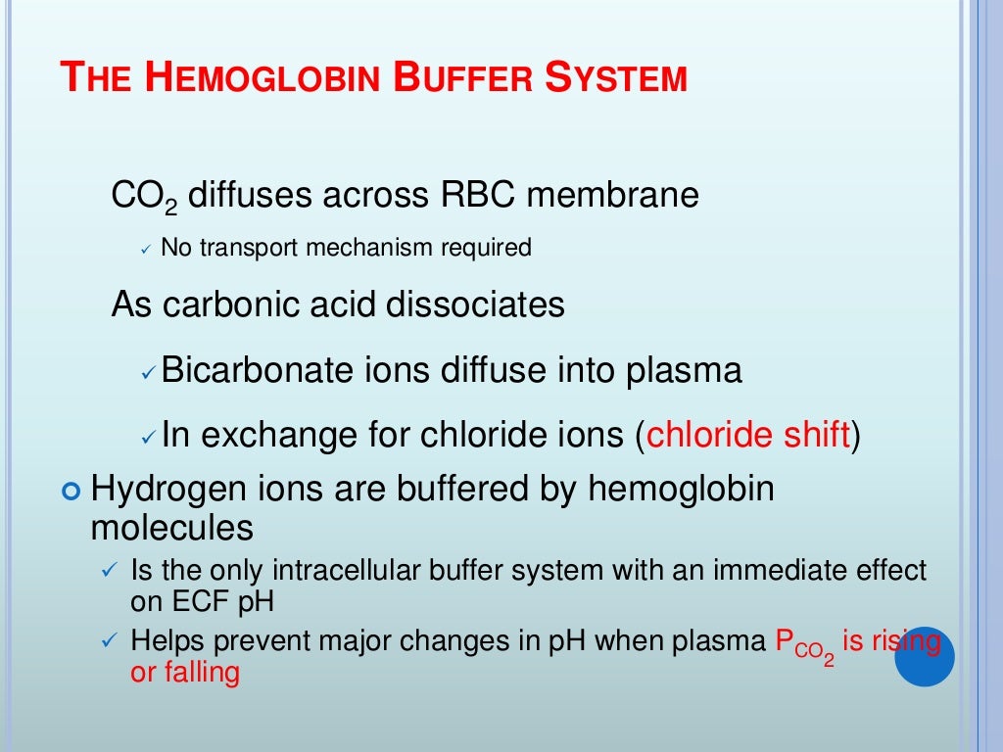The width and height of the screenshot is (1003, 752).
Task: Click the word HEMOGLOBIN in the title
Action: tap(263, 79)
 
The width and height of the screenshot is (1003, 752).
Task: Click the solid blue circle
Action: tap(924, 656)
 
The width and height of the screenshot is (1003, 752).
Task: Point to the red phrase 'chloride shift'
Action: tap(747, 434)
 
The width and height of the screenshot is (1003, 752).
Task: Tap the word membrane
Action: tap(612, 196)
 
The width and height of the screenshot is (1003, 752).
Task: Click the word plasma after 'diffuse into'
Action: tap(686, 372)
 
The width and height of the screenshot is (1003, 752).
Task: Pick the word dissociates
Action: tap(475, 305)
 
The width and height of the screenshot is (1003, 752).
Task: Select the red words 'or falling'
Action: tap(185, 673)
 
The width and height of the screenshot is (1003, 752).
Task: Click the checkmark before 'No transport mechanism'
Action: tap(145, 251)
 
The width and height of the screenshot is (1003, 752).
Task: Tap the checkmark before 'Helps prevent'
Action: tap(110, 642)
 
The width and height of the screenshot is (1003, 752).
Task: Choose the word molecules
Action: tap(172, 529)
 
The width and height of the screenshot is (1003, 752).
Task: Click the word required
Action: tap(486, 249)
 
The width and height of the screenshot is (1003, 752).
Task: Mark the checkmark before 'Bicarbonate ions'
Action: tap(148, 374)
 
